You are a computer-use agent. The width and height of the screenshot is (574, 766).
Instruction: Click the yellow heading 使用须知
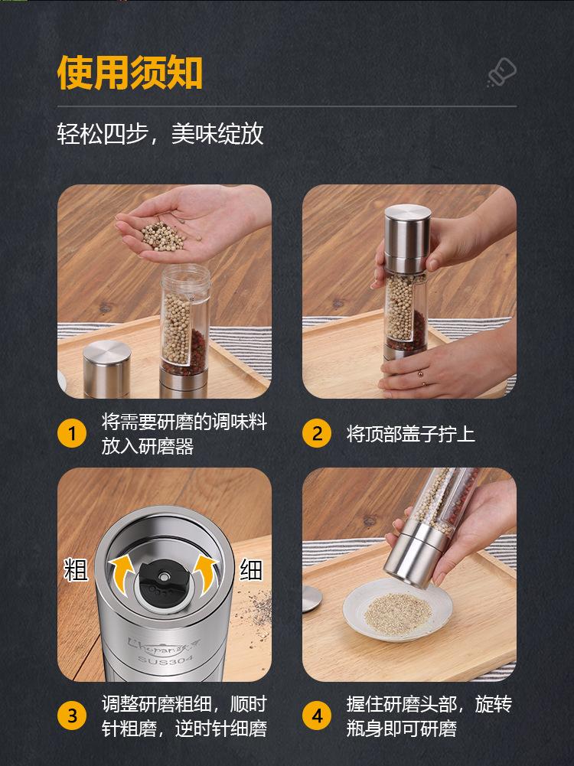tap(129, 73)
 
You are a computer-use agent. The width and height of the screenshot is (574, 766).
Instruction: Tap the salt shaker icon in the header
tap(502, 73)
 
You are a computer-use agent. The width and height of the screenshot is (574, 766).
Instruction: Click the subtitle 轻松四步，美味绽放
tap(160, 133)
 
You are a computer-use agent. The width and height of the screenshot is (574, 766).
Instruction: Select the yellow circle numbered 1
tap(72, 433)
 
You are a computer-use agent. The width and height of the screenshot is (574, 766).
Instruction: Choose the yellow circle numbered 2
tap(317, 433)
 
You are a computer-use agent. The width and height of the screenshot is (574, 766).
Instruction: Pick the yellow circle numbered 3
tap(72, 715)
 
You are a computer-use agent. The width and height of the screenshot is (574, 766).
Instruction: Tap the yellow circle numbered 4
tap(317, 715)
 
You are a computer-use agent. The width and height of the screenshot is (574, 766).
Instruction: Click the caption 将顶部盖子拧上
tap(410, 434)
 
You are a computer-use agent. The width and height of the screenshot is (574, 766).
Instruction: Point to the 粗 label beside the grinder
tap(76, 570)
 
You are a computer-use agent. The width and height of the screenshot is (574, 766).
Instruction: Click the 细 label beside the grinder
tap(251, 569)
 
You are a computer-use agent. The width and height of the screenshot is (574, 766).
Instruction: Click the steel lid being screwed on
tap(407, 239)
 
